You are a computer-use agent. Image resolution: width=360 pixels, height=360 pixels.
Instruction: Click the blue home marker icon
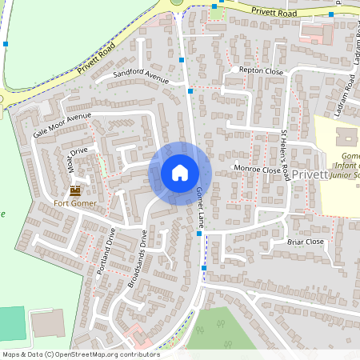[x=180, y=172]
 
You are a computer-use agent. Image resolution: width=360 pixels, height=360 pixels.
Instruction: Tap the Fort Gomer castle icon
[x=75, y=190]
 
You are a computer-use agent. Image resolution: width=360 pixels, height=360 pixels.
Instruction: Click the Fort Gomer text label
[x=74, y=203]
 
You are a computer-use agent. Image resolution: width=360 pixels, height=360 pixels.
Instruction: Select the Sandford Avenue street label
[x=141, y=76]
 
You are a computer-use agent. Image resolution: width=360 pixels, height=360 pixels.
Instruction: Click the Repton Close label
[x=262, y=71]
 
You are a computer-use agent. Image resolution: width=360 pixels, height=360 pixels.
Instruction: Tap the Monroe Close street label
[x=256, y=170]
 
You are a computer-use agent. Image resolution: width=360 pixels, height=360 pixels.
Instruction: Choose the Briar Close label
[x=305, y=241]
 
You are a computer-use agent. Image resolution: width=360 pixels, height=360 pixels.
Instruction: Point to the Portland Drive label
[x=106, y=251]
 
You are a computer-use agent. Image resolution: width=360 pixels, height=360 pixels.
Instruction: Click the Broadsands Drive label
[x=138, y=259]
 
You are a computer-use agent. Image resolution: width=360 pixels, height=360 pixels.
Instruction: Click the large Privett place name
[x=310, y=174]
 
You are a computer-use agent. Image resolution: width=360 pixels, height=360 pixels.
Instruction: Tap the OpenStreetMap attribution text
[x=81, y=354]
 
